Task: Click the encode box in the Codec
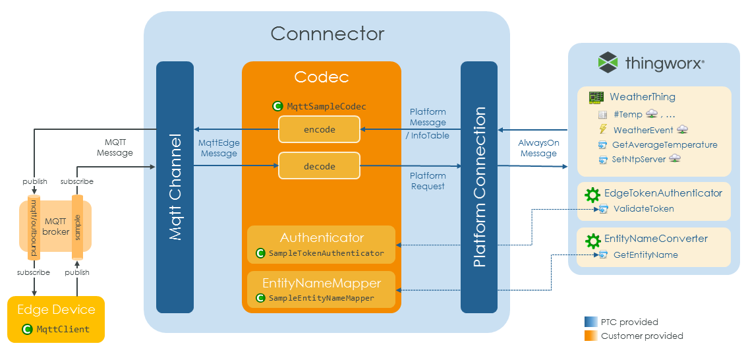pyautogui.click(x=320, y=129)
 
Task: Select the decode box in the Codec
pyautogui.click(x=320, y=166)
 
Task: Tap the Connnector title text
pyautogui.click(x=327, y=34)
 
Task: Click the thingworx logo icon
pyautogui.click(x=608, y=63)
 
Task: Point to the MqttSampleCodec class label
pyautogui.click(x=326, y=106)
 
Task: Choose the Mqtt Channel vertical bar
pyautogui.click(x=175, y=187)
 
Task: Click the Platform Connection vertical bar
pyautogui.click(x=479, y=187)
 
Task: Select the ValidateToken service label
pyautogui.click(x=643, y=209)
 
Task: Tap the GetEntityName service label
pyautogui.click(x=645, y=255)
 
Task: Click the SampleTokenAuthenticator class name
pyautogui.click(x=326, y=253)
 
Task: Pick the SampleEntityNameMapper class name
pyautogui.click(x=321, y=298)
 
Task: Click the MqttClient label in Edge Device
pyautogui.click(x=63, y=329)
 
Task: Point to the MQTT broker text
pyautogui.click(x=56, y=227)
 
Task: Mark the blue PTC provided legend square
pyautogui.click(x=590, y=322)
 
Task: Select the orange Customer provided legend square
pyautogui.click(x=590, y=336)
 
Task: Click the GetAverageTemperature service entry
pyautogui.click(x=664, y=145)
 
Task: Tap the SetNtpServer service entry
pyautogui.click(x=639, y=160)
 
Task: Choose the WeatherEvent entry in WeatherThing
pyautogui.click(x=643, y=130)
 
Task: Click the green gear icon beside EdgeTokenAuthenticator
pyautogui.click(x=592, y=194)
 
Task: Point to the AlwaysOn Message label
pyautogui.click(x=538, y=148)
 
